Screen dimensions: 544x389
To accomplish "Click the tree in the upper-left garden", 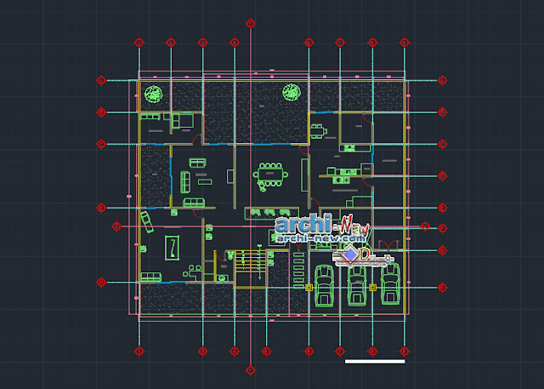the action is click(x=154, y=94).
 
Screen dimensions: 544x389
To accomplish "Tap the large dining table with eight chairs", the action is click(x=271, y=174).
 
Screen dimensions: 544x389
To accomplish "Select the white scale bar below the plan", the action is click(x=375, y=361).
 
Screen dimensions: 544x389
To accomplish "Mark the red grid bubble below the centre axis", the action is click(x=250, y=370).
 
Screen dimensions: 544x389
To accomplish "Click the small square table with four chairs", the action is click(x=316, y=129).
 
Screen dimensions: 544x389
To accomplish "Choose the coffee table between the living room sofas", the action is click(x=204, y=180).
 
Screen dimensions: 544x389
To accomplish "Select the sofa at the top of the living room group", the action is click(x=197, y=162).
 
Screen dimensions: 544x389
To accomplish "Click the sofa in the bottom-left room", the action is click(x=151, y=276).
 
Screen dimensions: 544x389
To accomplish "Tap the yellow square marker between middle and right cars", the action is click(x=373, y=288).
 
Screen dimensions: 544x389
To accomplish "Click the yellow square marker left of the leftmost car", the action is click(x=309, y=288).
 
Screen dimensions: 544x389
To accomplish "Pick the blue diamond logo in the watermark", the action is click(x=348, y=255).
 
